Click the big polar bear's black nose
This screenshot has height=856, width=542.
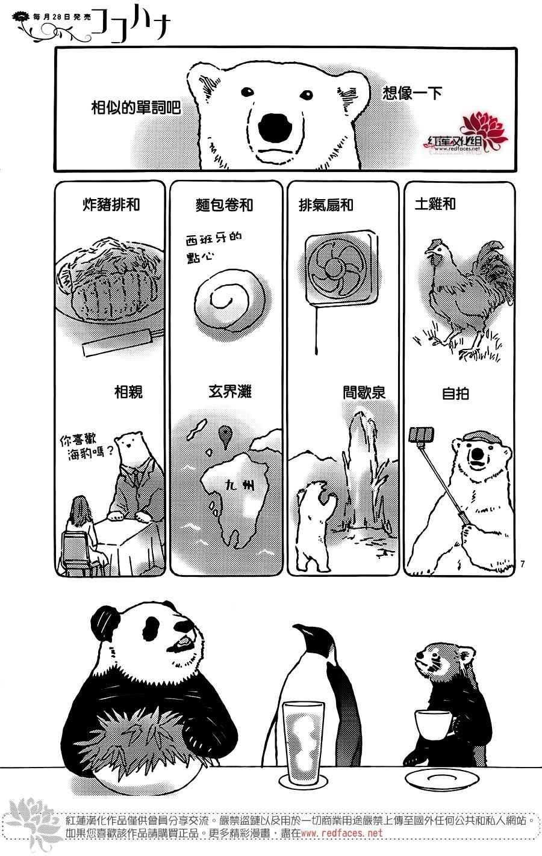tap(275, 128)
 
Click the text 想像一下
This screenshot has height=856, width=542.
tap(413, 93)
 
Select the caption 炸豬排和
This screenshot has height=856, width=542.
tap(111, 205)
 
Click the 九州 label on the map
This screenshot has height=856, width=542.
tap(240, 485)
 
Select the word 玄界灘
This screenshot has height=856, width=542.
tap(230, 392)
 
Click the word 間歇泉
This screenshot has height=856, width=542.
tap(364, 392)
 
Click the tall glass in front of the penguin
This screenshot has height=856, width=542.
tap(304, 747)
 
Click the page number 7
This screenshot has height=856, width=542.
tap(523, 564)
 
